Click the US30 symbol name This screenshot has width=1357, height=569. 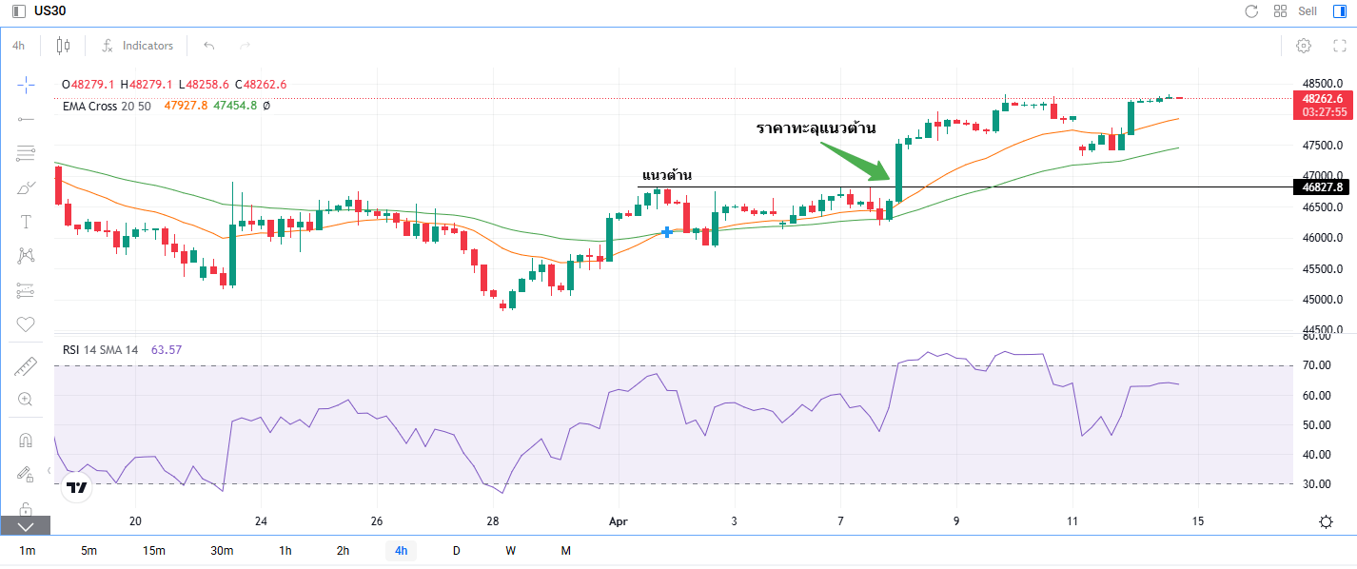(x=49, y=10)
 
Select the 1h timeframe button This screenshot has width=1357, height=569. (x=285, y=550)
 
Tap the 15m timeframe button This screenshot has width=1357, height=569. (x=154, y=550)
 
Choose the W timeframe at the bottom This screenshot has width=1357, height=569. (x=511, y=550)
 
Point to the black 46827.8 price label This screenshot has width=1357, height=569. (x=1322, y=187)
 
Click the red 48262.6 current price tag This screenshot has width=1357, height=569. (x=1323, y=105)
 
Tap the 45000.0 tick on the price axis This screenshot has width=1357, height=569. (x=1323, y=300)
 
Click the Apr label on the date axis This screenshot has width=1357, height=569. (x=618, y=521)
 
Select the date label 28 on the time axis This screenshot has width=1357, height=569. (x=493, y=521)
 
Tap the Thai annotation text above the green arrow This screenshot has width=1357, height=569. (x=816, y=128)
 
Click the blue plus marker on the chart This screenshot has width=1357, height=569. (x=667, y=232)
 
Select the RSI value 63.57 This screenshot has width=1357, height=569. (x=166, y=349)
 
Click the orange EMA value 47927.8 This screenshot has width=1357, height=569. (x=186, y=106)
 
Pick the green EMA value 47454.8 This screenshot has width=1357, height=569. (x=235, y=106)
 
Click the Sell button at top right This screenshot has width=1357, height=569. (x=1308, y=10)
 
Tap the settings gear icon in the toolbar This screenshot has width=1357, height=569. (x=1304, y=46)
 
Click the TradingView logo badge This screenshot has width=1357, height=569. (x=77, y=487)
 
